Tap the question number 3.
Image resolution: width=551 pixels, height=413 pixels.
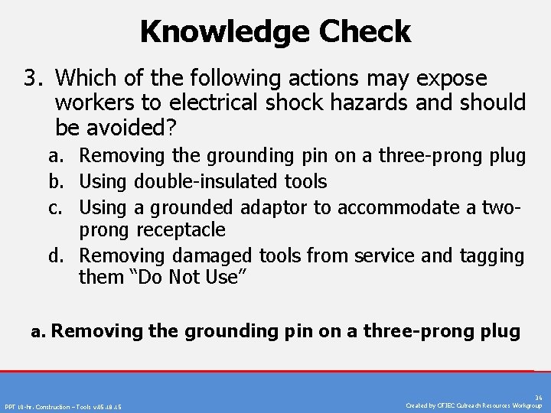tap(31, 79)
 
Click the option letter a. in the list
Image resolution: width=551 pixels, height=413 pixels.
tap(55, 156)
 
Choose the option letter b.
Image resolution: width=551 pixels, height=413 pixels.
tap(55, 181)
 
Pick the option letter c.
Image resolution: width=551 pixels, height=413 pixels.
tap(55, 206)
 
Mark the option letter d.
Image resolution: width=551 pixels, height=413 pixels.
tap(55, 255)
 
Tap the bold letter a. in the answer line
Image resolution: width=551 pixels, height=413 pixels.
tap(38, 332)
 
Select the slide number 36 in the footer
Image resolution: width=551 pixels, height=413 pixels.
tap(539, 398)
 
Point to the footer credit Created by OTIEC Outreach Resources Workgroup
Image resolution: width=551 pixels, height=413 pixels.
tap(474, 405)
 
